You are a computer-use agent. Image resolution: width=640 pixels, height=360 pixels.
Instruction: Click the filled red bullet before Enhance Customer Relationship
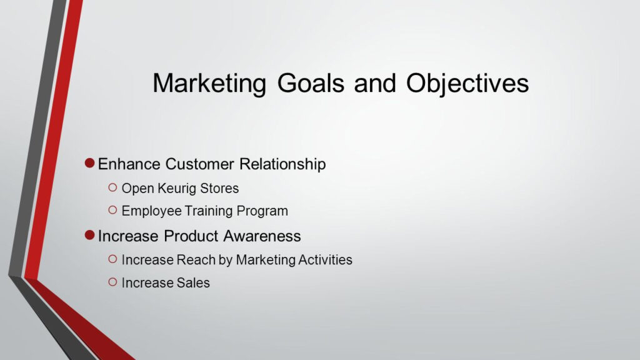coord(89,164)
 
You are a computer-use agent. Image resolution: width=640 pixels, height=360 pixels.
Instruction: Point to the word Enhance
coord(129,164)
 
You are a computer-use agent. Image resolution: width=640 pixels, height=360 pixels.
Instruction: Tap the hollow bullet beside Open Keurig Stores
coord(112,187)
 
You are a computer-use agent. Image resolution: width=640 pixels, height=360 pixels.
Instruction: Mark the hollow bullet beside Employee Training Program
coord(112,210)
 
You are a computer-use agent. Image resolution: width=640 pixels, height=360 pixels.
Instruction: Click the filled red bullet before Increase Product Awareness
coord(89,236)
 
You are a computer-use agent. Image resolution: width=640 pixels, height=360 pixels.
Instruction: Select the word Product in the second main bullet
coord(189,236)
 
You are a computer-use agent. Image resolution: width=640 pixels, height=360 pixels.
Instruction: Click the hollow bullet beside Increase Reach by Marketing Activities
coord(112,258)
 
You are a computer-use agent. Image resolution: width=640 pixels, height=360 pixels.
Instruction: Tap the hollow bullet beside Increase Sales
coord(112,282)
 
